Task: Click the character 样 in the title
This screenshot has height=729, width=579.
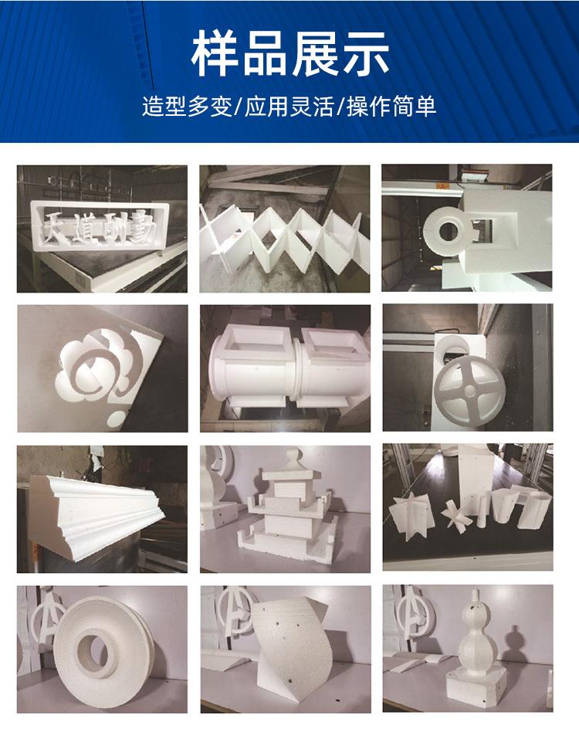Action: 215,53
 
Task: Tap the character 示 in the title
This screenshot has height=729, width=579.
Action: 366,53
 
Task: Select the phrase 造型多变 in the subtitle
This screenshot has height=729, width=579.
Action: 187,106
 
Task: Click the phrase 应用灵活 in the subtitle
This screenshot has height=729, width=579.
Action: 289,106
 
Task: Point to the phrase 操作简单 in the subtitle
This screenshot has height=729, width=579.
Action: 391,106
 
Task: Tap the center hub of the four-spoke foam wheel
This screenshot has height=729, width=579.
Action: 469,388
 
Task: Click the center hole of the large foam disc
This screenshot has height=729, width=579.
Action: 92,653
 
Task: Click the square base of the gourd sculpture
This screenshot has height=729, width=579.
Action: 476,687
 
